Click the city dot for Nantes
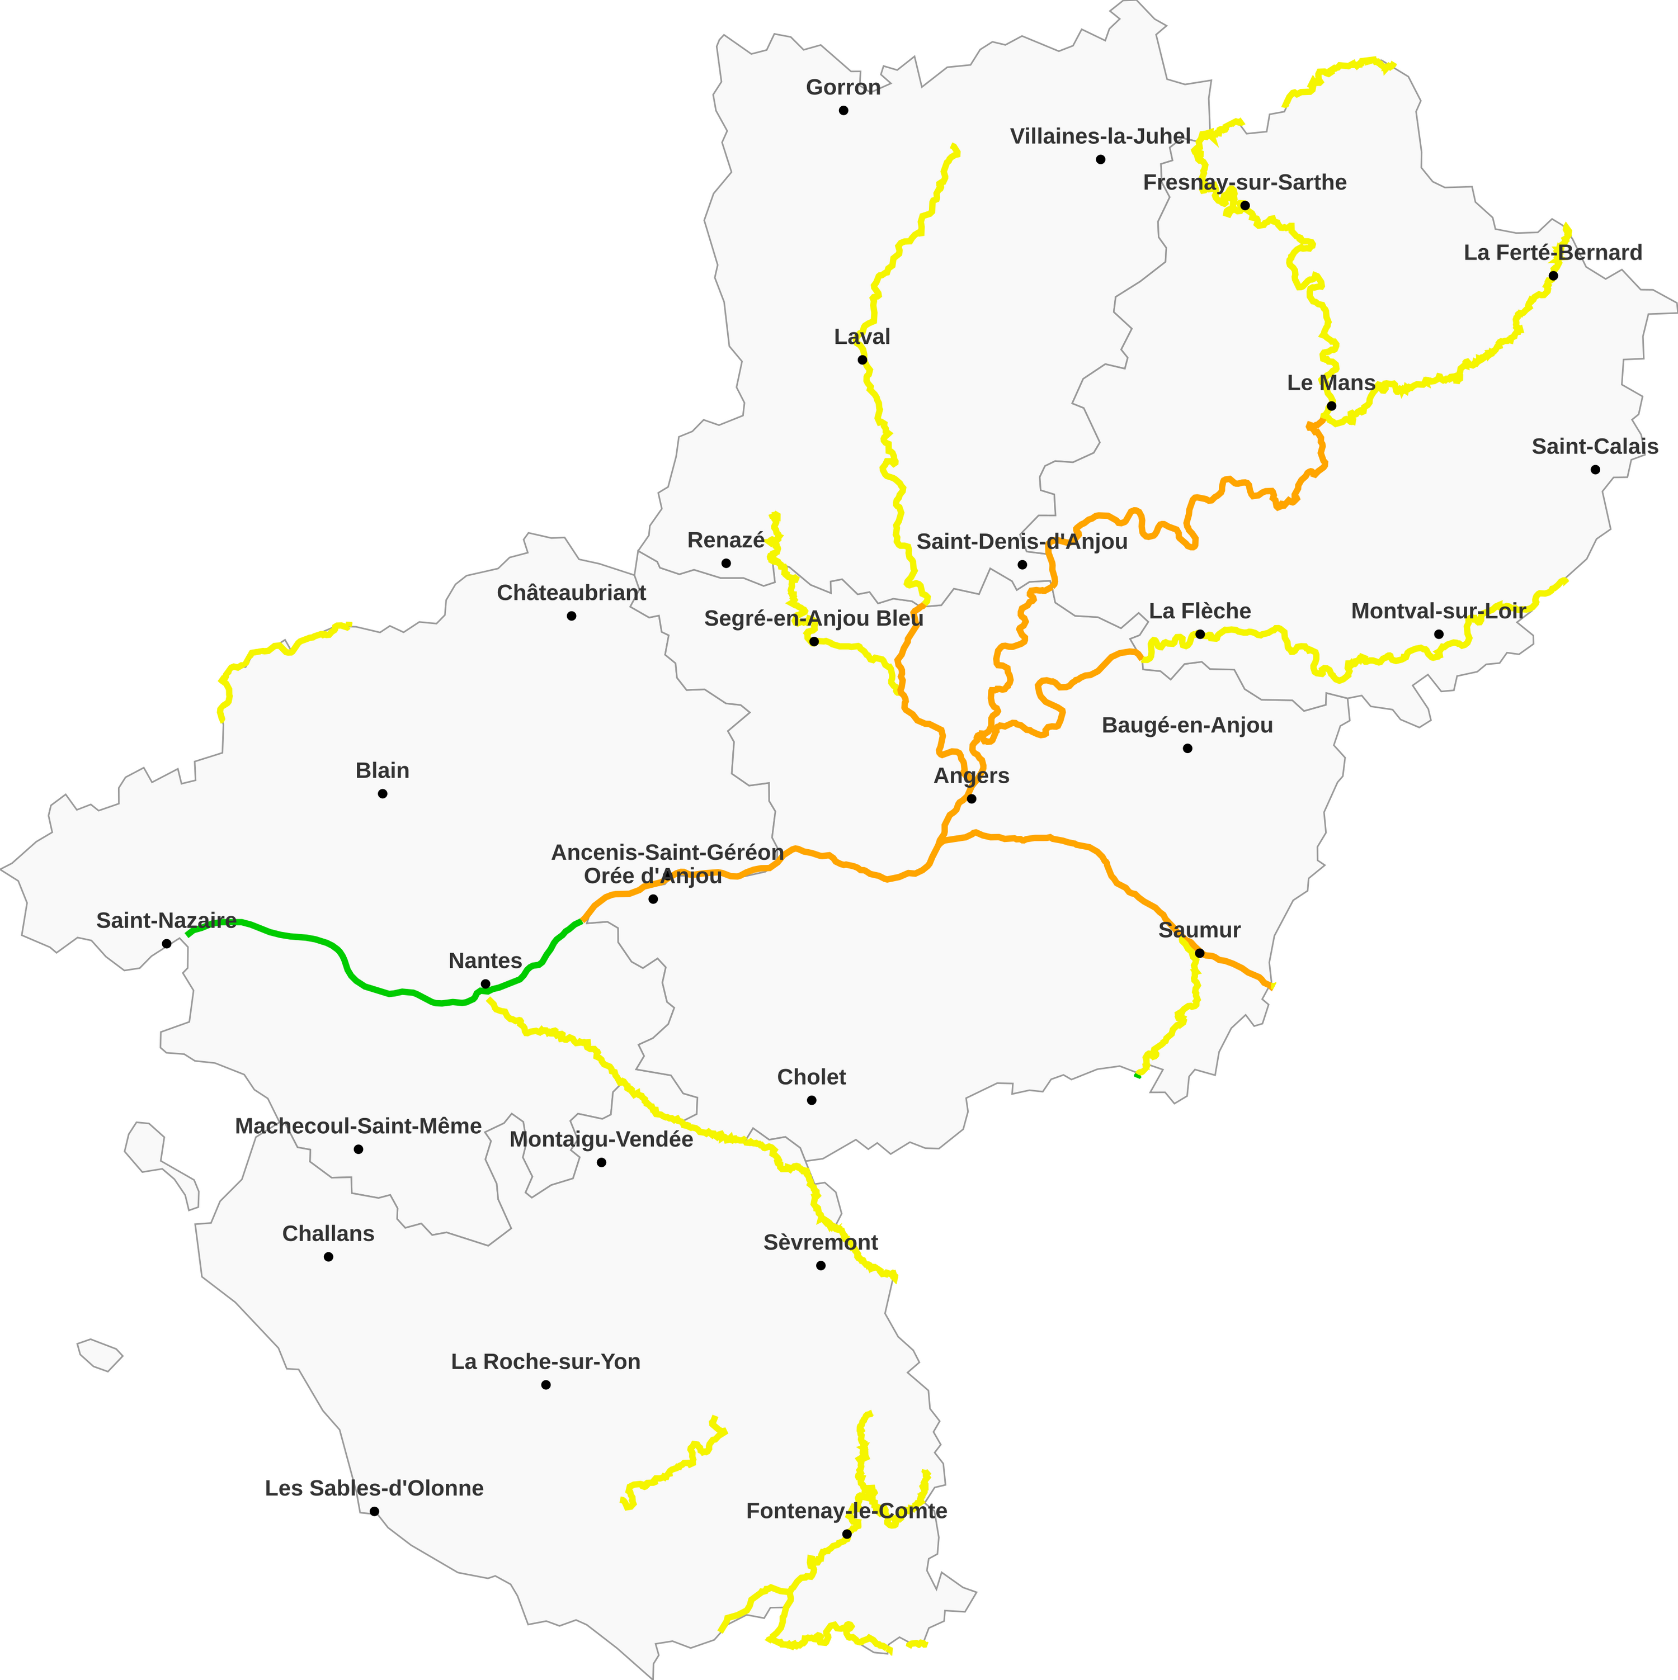click(486, 985)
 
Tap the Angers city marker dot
click(972, 799)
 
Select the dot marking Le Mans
click(1331, 406)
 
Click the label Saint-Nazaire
click(166, 921)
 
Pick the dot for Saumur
click(1199, 954)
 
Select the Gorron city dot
click(843, 111)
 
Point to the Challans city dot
click(328, 1257)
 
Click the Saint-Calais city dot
click(1595, 470)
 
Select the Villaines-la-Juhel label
click(1100, 136)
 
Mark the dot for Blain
click(382, 794)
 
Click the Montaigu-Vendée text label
click(601, 1139)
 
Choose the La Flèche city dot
click(1200, 635)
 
